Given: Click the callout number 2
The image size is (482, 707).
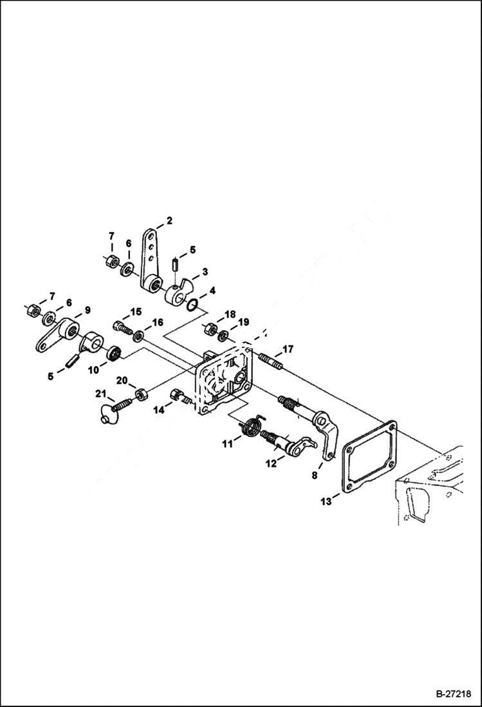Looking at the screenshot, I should coord(169,221).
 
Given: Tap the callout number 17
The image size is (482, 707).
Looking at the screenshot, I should coord(287,349).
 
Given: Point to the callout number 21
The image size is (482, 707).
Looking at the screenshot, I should coord(101,394).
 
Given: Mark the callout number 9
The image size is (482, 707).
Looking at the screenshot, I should coord(86,309).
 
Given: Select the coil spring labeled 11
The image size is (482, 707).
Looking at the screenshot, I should coord(252,426).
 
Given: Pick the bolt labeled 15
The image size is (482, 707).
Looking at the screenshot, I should coord(122,327).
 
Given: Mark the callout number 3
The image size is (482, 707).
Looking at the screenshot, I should coord(205,273).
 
